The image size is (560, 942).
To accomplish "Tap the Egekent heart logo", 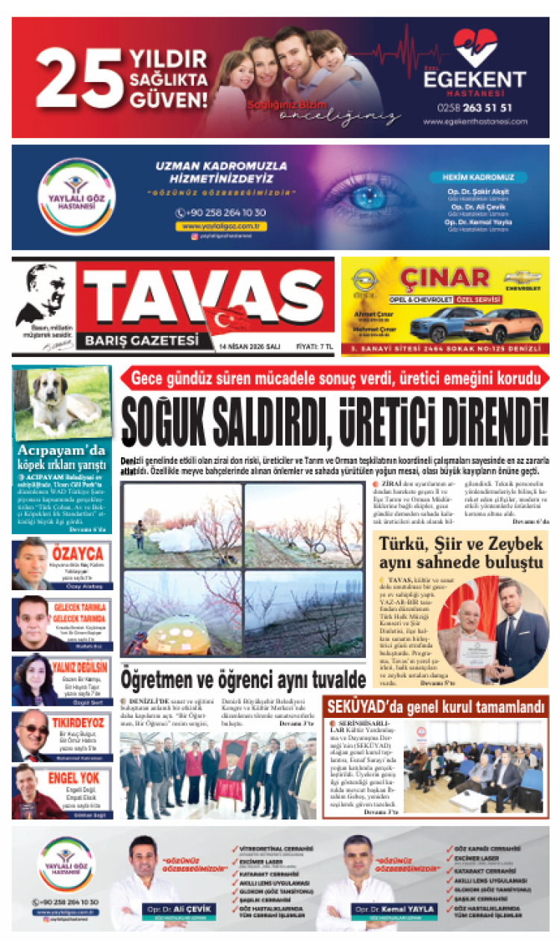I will pos(474,48).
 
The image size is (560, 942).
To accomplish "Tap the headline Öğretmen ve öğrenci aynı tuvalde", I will pos(243,678).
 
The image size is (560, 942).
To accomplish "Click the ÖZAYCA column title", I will pos(78,554).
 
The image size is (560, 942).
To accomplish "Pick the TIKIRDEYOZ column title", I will pos(78,722).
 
